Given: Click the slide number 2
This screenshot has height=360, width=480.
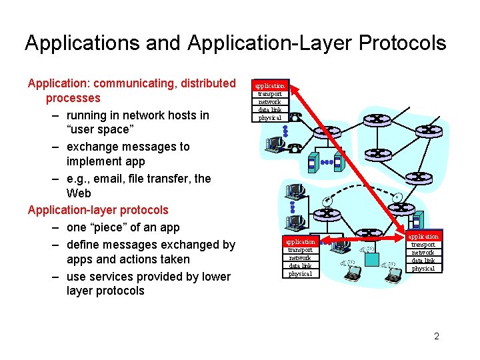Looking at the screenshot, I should [437, 337].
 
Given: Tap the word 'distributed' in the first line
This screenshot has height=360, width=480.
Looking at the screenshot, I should [203, 83].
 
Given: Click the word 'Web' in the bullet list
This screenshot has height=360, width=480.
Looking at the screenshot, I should [79, 193].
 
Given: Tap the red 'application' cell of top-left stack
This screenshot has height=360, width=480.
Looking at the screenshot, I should [270, 85].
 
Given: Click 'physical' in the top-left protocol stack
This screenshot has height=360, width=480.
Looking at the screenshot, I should [270, 118].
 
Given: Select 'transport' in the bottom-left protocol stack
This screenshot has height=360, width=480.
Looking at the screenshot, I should [300, 249].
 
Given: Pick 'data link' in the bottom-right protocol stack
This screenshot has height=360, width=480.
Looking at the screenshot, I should [423, 261].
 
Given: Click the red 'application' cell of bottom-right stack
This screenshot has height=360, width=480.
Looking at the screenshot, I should [423, 237].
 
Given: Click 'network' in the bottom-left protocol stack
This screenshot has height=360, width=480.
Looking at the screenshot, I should [300, 257].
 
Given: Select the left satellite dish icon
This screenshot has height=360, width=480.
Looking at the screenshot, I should [327, 201].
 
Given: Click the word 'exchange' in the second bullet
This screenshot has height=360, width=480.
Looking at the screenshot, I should [94, 147].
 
